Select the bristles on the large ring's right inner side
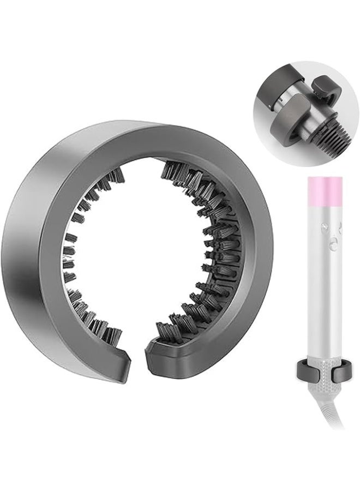pyautogui.click(x=215, y=245)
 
